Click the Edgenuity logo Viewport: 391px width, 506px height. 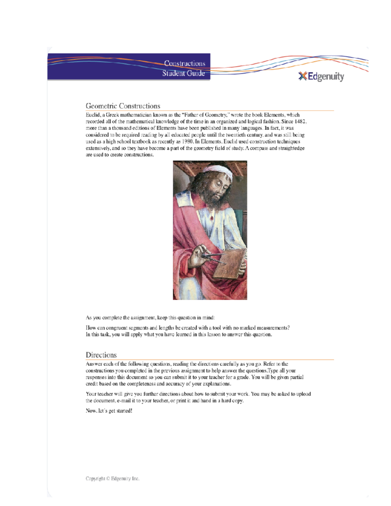tap(321, 77)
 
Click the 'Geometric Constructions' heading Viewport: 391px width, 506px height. tap(123, 106)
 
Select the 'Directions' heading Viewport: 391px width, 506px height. tap(101, 355)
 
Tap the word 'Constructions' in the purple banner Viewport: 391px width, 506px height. tap(184, 63)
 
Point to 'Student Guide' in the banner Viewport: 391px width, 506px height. tap(183, 73)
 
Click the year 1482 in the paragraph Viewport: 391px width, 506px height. tap(300, 122)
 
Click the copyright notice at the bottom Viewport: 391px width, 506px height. tap(112, 479)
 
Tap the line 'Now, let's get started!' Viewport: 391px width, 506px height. tap(109, 411)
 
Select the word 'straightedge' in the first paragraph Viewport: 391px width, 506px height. tap(291, 148)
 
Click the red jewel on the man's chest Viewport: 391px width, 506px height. tap(212, 217)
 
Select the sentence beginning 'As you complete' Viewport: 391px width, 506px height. tap(150, 318)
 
